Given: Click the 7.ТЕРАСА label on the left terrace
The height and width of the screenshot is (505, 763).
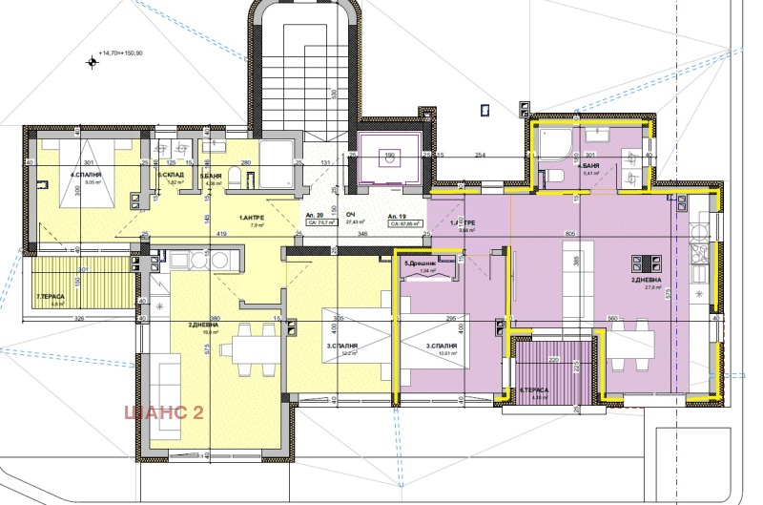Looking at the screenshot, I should tap(51, 297).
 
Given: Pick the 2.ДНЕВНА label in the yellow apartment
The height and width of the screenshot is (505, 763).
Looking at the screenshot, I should tap(206, 326).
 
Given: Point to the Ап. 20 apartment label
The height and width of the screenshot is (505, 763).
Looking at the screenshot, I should tap(312, 216).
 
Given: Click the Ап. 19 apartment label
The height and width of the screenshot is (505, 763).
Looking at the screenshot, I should tap(398, 216).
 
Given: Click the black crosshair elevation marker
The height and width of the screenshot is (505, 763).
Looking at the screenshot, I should tap(92, 62).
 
